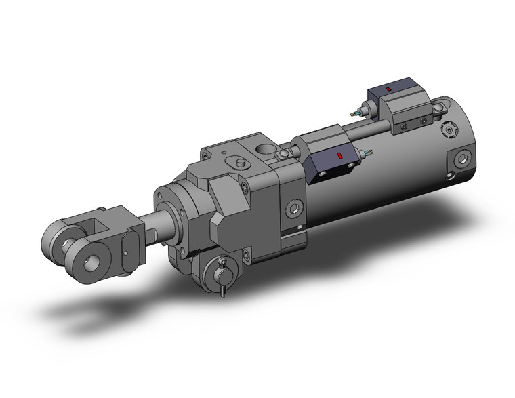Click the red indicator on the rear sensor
pos(387,89)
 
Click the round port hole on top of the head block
pos(264,148)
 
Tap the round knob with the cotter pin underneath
pos(222,266)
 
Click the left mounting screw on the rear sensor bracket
pos(404,125)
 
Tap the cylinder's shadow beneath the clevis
pos(102,309)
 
